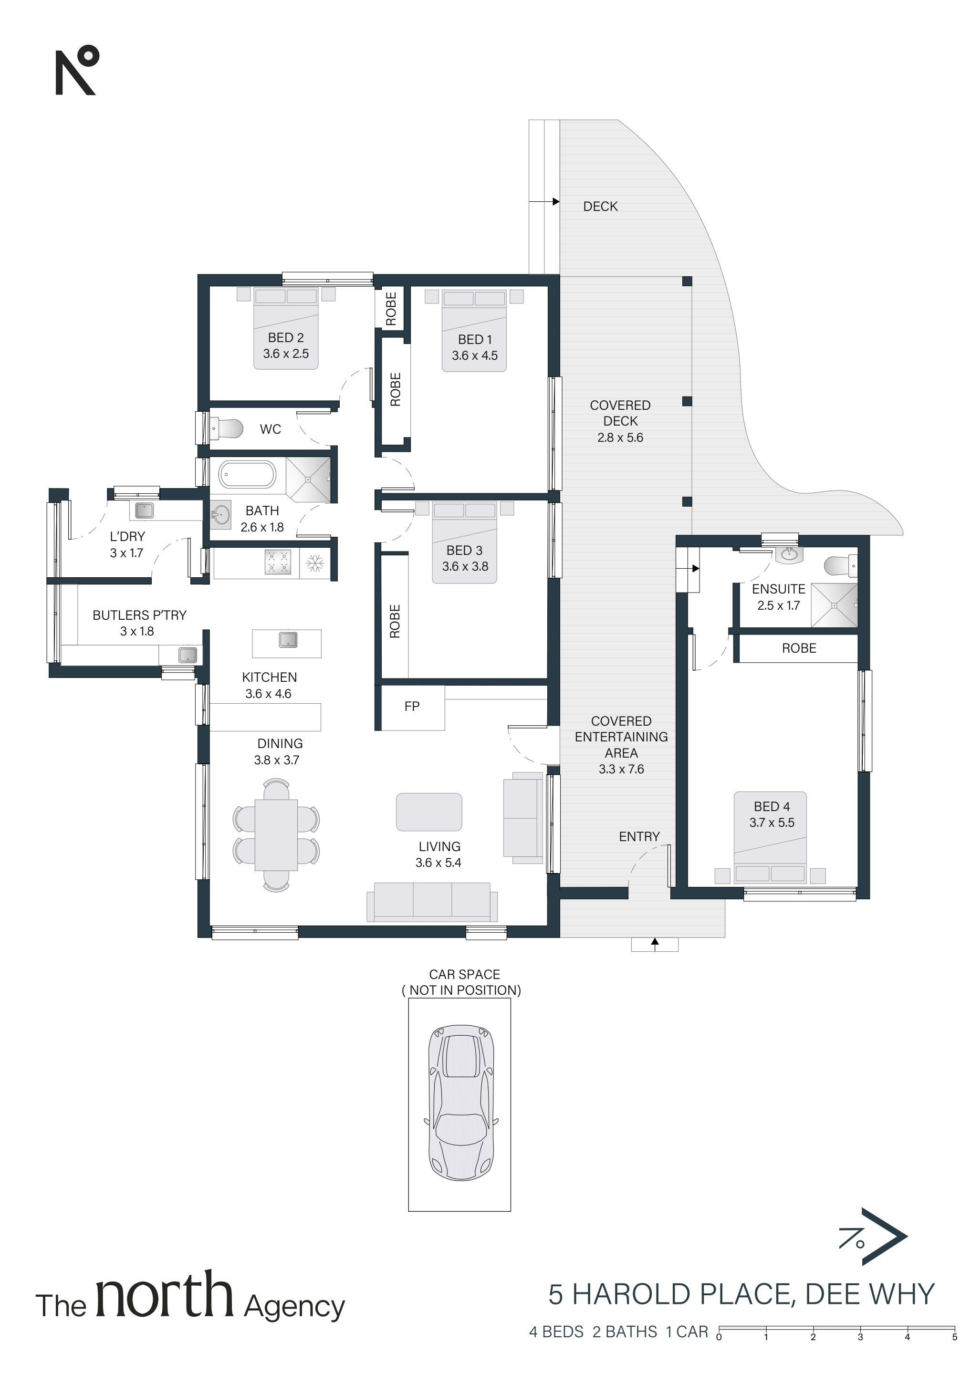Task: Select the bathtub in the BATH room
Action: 247,475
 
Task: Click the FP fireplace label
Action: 412,706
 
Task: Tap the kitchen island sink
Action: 288,640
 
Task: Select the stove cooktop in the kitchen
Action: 278,562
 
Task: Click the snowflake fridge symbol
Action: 315,562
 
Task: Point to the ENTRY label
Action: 639,837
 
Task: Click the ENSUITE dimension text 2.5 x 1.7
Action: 778,605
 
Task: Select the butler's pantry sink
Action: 188,655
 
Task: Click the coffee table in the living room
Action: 429,812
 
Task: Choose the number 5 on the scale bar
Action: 954,1337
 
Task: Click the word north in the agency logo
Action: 164,1296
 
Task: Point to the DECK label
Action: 600,207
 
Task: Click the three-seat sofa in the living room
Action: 432,902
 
